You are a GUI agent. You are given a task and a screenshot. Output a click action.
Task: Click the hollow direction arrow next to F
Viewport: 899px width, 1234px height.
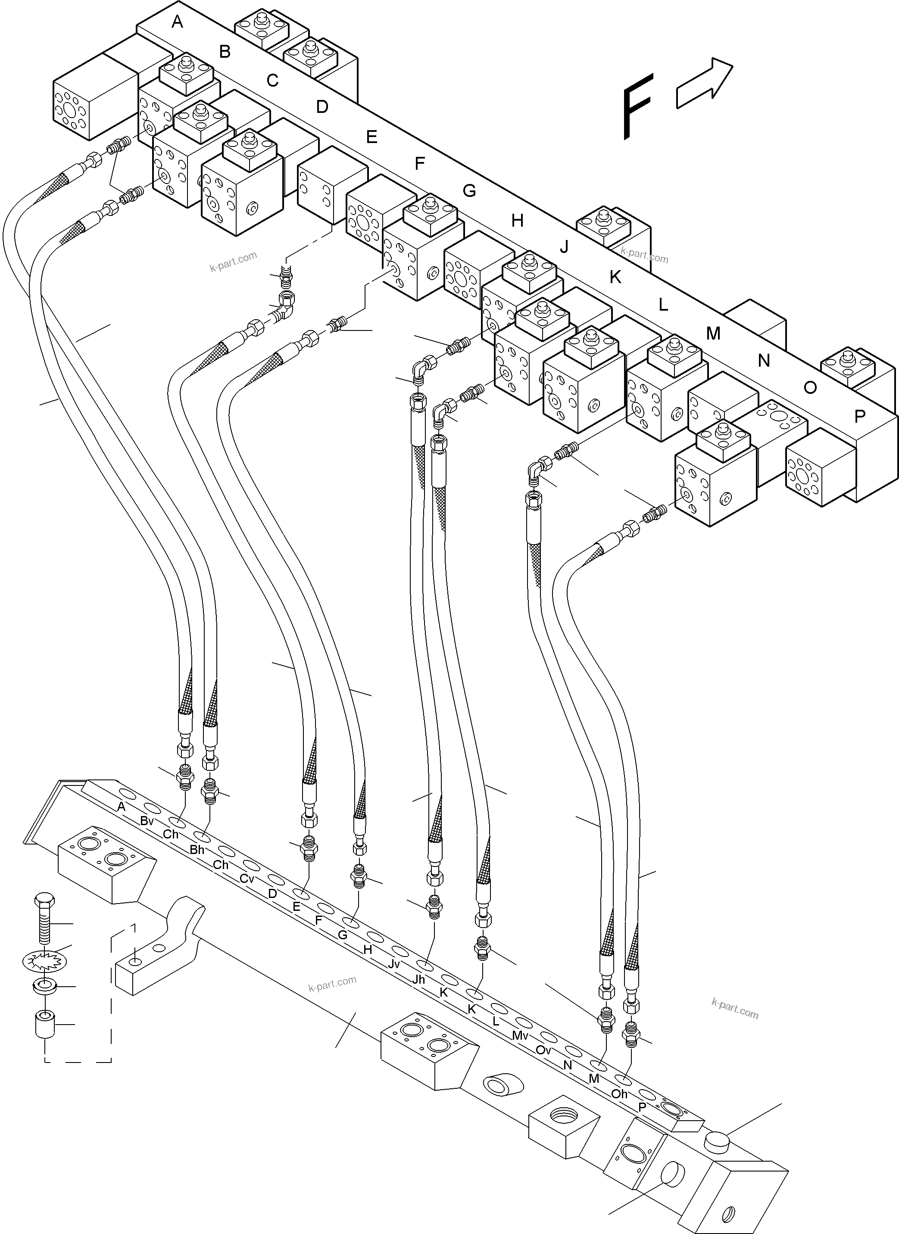click(x=704, y=84)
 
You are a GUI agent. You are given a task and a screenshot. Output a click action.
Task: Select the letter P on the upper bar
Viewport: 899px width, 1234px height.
click(x=860, y=417)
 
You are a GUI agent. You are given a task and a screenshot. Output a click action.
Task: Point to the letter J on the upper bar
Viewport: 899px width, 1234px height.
click(x=564, y=247)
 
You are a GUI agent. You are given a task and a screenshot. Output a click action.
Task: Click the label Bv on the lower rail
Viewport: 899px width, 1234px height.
click(x=147, y=820)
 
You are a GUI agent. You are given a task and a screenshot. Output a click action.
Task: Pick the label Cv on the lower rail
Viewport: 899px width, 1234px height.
click(x=247, y=879)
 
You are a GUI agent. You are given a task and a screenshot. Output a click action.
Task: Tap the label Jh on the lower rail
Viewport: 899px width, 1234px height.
click(x=418, y=979)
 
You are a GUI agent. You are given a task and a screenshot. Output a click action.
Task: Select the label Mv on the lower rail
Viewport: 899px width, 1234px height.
click(x=520, y=1035)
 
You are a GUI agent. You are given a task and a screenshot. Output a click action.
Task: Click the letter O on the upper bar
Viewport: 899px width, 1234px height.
click(x=810, y=388)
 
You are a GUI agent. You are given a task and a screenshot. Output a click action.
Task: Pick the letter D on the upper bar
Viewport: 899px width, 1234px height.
click(x=322, y=107)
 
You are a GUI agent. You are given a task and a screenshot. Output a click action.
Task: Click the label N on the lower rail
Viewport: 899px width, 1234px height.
click(x=568, y=1066)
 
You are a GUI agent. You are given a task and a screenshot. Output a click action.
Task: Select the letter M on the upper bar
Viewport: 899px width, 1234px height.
click(x=713, y=333)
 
